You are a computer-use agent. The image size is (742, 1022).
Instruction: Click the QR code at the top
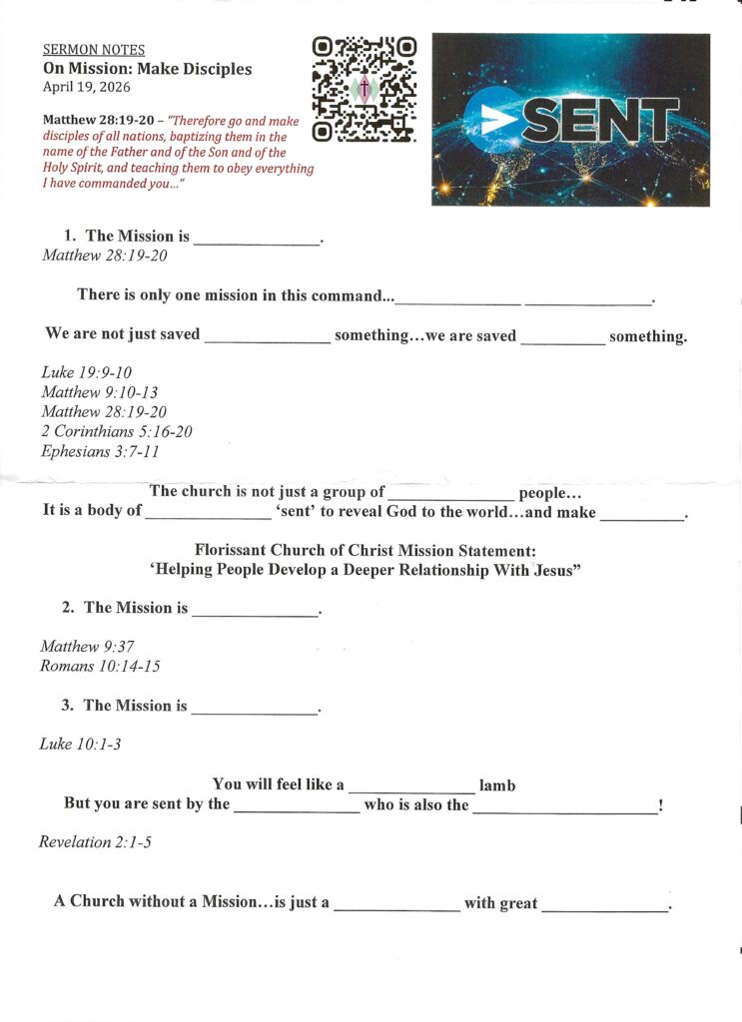point(364,88)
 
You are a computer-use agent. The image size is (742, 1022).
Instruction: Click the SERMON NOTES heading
point(93,49)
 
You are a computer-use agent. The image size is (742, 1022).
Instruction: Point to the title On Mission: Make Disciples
point(147,69)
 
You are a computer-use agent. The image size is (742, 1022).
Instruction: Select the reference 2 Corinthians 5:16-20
point(117,431)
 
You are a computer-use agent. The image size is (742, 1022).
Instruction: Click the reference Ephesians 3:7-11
point(100,451)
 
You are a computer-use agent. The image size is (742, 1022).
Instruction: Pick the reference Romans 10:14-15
point(100,666)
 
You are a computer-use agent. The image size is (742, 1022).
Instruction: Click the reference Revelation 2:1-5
point(96,841)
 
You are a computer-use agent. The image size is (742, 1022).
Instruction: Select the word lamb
point(497,785)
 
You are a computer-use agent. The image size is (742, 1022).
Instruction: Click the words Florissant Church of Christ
point(290,550)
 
